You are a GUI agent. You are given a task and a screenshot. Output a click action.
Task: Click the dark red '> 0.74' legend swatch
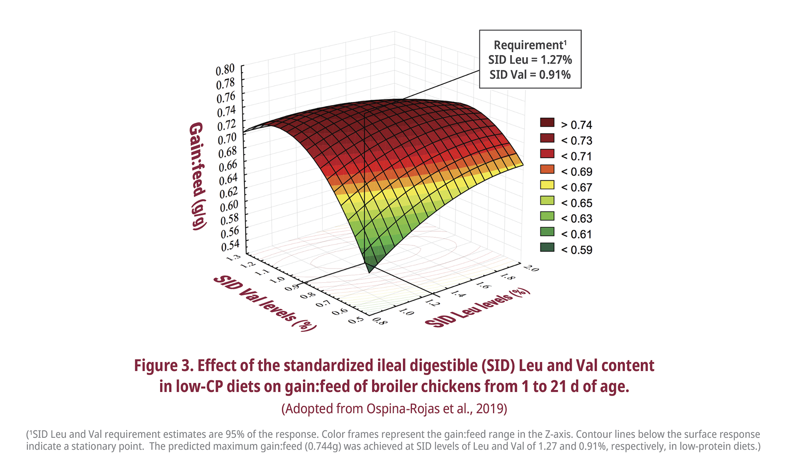547,123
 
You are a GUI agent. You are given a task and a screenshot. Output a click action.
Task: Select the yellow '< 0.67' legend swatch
547,185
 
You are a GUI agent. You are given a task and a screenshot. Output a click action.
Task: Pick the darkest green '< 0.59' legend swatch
547,247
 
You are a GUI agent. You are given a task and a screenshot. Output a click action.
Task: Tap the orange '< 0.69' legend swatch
547,170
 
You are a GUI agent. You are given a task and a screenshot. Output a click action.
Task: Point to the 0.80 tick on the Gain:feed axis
225,69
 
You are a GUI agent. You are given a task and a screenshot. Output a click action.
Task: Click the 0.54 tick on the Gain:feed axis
230,245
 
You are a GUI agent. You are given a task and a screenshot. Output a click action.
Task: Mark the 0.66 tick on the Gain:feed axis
228,165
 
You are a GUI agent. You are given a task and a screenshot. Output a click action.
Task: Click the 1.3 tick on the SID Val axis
233,258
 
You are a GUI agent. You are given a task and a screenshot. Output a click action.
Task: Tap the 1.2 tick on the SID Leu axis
433,302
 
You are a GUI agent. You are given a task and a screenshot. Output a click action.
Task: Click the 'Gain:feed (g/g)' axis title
197,176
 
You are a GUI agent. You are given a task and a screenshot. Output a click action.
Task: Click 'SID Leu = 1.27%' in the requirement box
530,60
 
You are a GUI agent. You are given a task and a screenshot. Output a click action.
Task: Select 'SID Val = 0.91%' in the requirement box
530,75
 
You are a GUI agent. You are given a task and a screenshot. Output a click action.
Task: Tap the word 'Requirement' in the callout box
528,45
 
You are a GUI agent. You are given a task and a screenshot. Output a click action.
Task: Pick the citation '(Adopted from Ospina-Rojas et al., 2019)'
394,409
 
